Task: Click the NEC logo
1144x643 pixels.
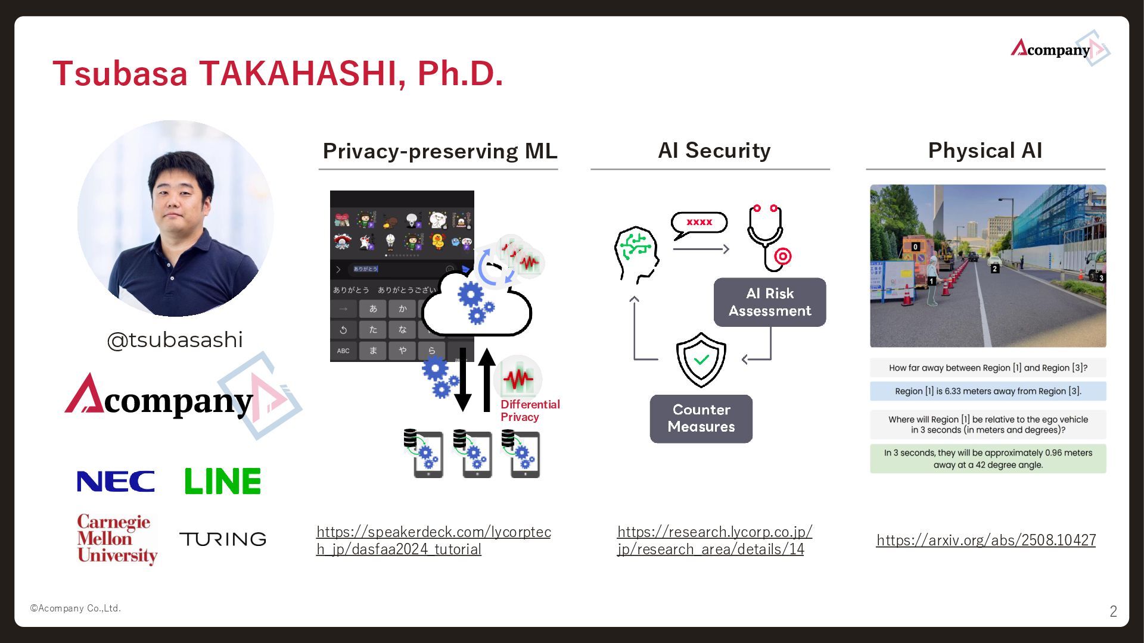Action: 116,481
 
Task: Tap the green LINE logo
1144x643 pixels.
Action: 222,481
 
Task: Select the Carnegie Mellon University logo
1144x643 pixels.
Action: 117,538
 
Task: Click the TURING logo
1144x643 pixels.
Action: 223,539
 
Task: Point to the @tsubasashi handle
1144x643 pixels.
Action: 175,340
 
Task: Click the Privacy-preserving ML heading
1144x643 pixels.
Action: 440,151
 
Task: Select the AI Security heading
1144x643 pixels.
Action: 714,150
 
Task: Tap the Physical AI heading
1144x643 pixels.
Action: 985,150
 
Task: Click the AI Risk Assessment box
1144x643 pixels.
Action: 770,302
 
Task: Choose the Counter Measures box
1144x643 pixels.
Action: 701,418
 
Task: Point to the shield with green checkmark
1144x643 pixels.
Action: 701,360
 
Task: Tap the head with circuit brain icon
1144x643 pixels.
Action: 636,253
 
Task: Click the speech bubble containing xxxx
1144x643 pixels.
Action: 700,223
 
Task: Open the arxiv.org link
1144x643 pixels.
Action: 986,540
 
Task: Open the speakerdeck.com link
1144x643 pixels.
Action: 433,540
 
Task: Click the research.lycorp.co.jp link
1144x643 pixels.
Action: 714,540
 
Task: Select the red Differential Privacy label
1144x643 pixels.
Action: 530,410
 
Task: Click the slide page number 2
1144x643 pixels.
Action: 1113,611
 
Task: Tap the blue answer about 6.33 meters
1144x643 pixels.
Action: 988,391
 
